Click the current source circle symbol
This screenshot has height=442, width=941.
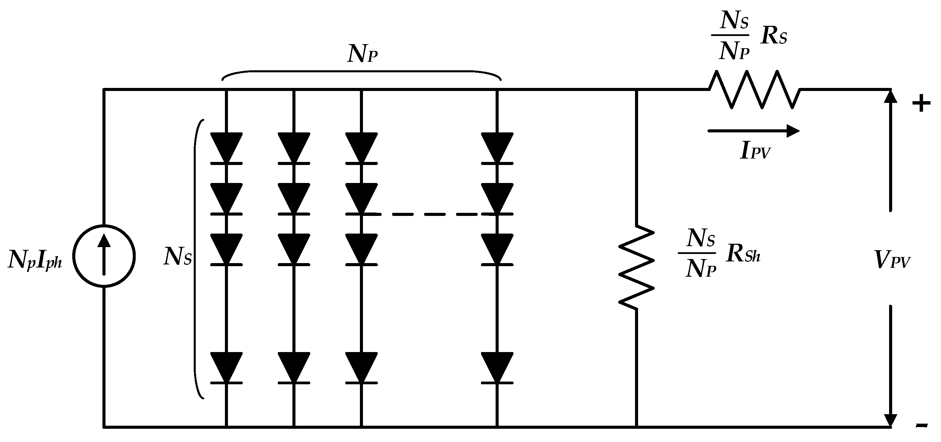[x=104, y=256]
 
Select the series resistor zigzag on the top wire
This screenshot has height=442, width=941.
[x=755, y=90]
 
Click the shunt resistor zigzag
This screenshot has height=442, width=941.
[x=636, y=267]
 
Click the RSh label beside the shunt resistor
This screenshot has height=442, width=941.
[x=743, y=254]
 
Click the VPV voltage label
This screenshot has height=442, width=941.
[x=893, y=260]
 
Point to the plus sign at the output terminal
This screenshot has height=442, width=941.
[x=921, y=104]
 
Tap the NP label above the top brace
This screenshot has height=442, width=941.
[x=362, y=54]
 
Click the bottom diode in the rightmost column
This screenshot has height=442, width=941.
[x=497, y=368]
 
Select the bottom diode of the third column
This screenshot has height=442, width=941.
[x=362, y=368]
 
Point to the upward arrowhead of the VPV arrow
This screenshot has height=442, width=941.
[x=890, y=97]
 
